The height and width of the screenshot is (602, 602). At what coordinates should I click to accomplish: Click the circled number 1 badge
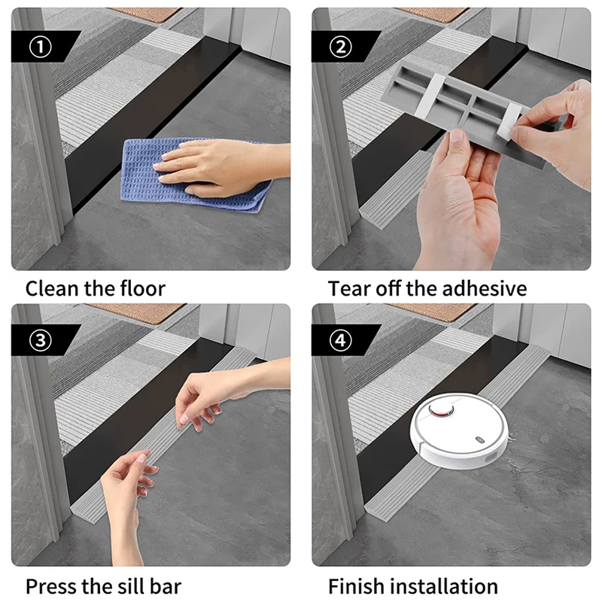[x=41, y=47]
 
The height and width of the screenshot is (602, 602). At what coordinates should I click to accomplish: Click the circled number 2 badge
[x=341, y=47]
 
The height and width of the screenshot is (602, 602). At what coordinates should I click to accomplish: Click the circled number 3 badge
[x=41, y=340]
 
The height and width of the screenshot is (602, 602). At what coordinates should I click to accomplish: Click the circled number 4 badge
[x=341, y=340]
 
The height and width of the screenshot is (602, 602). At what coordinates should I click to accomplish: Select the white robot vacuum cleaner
[x=460, y=430]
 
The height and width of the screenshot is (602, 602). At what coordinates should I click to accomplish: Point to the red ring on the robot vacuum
[x=442, y=410]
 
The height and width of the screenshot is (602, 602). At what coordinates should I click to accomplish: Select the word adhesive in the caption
[x=484, y=288]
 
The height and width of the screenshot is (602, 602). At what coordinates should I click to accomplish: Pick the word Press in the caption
[x=51, y=586]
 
